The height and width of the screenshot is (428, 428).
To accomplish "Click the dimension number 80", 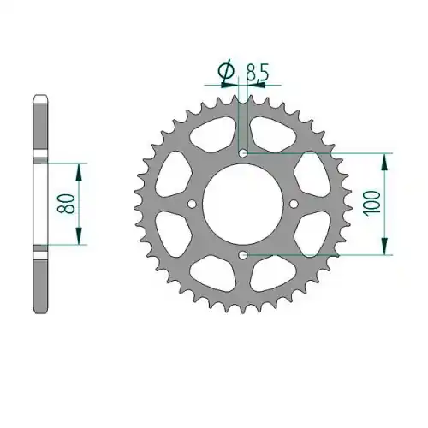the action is coord(66,204).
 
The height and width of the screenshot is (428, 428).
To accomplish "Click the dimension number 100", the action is coord(372,203).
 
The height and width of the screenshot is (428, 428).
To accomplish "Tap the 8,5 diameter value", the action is coord(257,74).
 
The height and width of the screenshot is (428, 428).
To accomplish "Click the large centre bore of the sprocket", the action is coord(243,204).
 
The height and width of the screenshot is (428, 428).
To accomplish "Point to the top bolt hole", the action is coord(243,153).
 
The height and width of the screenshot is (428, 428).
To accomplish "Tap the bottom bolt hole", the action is coord(243,255).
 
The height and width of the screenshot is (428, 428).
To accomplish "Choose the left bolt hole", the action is coord(192,204).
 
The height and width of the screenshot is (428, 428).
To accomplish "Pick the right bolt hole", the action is coord(294,204).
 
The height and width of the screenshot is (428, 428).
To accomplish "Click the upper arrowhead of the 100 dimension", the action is coord(385,163).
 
